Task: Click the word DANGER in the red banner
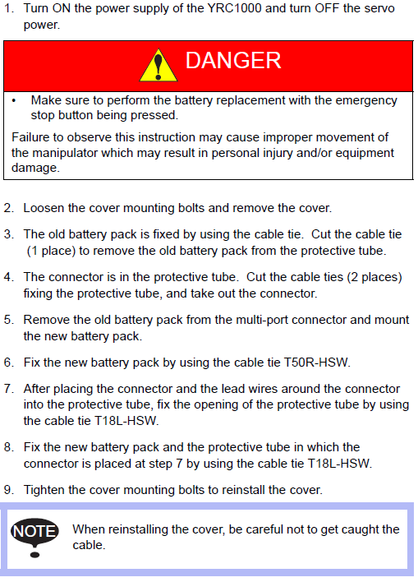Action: point(233,60)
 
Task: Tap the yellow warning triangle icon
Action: point(158,65)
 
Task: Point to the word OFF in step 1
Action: point(327,8)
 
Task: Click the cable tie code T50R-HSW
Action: point(316,363)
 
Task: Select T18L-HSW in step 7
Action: point(126,421)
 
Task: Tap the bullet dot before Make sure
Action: point(14,101)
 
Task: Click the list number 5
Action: point(8,320)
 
